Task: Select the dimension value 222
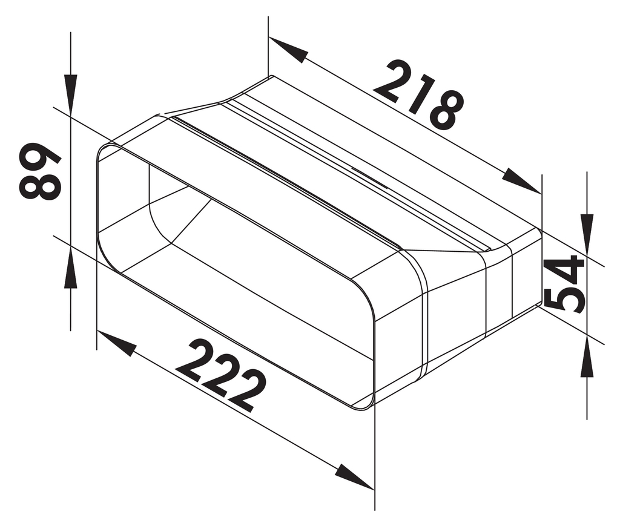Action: click(x=223, y=375)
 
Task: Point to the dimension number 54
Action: click(x=564, y=283)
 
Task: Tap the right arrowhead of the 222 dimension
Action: click(x=354, y=476)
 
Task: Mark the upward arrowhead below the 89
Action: click(x=71, y=270)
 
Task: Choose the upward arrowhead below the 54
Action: click(x=587, y=359)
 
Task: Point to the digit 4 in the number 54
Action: click(x=564, y=268)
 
